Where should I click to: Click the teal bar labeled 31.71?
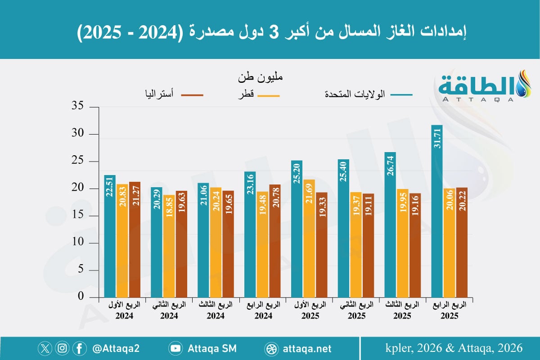click(x=437, y=211)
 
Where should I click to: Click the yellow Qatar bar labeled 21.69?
click(x=309, y=238)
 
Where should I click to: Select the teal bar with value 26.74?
click(x=390, y=225)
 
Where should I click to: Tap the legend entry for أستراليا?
click(x=171, y=95)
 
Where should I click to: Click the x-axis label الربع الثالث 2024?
click(x=216, y=310)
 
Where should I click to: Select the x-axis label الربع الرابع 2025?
click(x=450, y=310)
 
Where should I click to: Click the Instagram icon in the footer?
click(x=63, y=348)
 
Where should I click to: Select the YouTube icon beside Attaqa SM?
click(x=175, y=348)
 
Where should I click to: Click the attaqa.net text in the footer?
click(x=308, y=348)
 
